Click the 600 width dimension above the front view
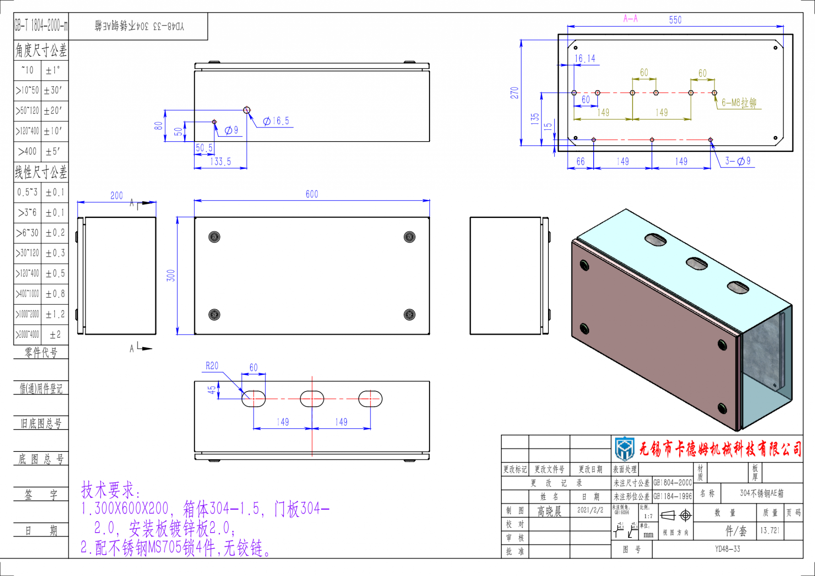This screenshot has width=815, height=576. click(312, 194)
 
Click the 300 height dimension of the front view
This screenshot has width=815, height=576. click(171, 275)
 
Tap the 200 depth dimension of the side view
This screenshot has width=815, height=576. click(117, 196)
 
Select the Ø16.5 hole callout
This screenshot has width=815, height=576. click(276, 121)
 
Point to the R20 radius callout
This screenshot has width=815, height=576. click(212, 366)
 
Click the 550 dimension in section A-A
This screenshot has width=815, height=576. click(675, 20)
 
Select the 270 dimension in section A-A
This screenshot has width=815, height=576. click(515, 93)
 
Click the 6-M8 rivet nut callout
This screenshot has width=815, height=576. click(739, 103)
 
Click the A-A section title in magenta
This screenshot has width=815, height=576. click(630, 19)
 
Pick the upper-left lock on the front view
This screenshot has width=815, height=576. click(214, 237)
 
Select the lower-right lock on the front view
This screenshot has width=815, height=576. click(409, 315)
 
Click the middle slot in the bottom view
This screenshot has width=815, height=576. click(312, 399)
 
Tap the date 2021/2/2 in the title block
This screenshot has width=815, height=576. click(590, 510)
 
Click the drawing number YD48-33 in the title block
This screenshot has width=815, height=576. click(727, 549)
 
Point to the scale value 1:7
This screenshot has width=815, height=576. click(648, 516)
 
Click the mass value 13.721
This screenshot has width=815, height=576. click(770, 531)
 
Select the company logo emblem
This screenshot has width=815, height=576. click(625, 449)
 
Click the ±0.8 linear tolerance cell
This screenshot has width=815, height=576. click(55, 294)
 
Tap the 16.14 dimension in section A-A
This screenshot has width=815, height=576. click(585, 59)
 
